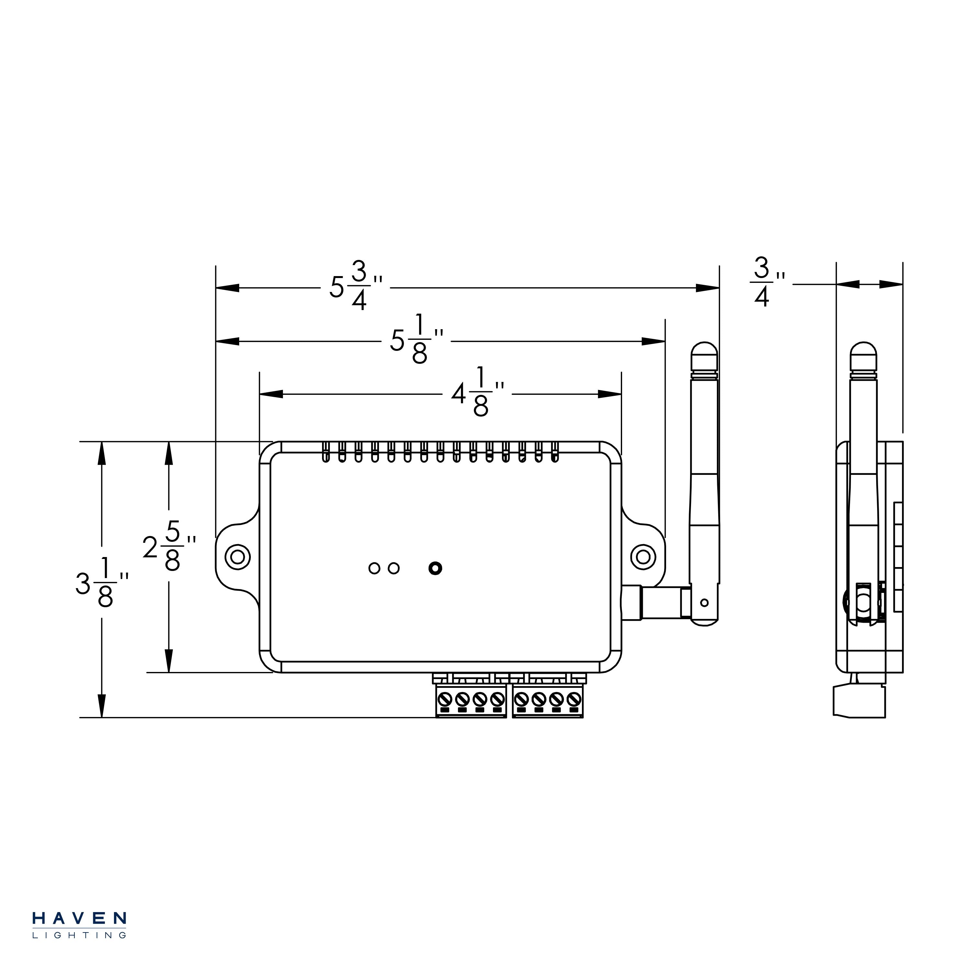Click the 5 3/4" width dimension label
point(355,287)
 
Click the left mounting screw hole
point(237,557)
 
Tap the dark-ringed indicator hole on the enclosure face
point(435,568)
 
